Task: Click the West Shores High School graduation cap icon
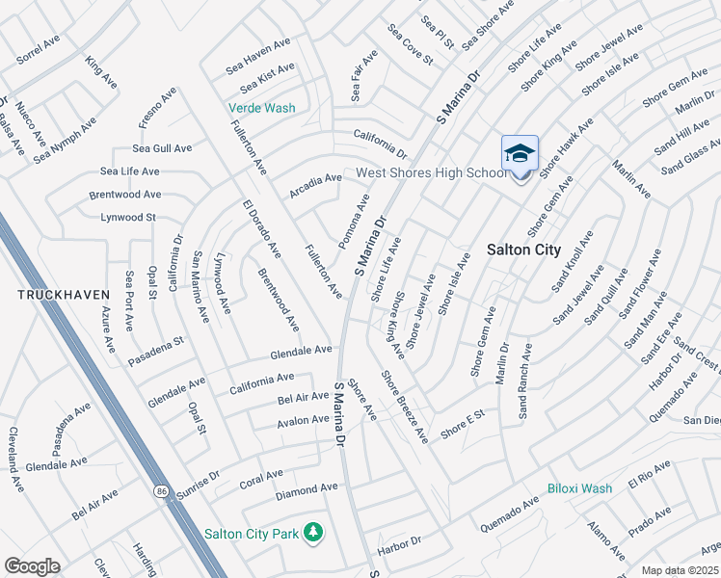tap(520, 154)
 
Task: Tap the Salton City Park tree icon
tap(312, 532)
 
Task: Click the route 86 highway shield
tap(160, 491)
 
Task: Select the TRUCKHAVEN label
tap(53, 292)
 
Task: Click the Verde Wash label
tap(261, 108)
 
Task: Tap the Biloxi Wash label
tap(580, 488)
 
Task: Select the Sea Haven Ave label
tap(258, 56)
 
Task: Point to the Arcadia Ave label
tap(317, 178)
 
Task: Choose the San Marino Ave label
tap(200, 286)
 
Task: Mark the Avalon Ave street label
tap(303, 420)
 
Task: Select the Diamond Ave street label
tap(307, 490)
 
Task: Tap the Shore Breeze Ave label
tap(405, 406)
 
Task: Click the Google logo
tap(33, 565)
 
